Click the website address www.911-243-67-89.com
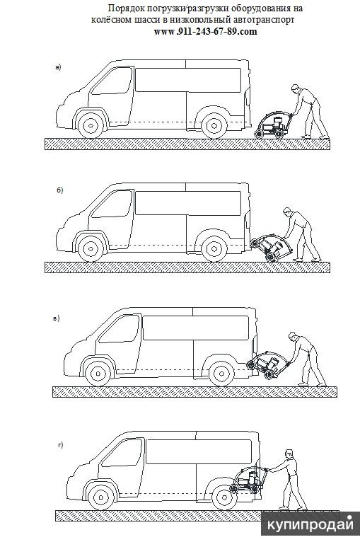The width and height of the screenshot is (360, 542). pyautogui.click(x=205, y=31)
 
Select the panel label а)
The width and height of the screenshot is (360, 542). pyautogui.click(x=58, y=67)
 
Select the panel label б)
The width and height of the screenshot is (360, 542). pyautogui.click(x=60, y=190)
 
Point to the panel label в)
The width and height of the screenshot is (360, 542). pyautogui.click(x=57, y=318)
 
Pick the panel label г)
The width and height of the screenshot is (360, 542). pyautogui.click(x=61, y=445)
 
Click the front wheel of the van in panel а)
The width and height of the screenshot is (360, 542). pyautogui.click(x=91, y=125)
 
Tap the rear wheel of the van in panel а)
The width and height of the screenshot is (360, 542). pyautogui.click(x=214, y=125)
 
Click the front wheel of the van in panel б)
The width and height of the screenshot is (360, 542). pyautogui.click(x=91, y=249)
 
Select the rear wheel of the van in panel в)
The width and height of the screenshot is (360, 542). pyautogui.click(x=222, y=374)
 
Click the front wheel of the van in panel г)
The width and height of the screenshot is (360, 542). pyautogui.click(x=101, y=497)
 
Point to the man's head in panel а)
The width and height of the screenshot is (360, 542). pyautogui.click(x=295, y=88)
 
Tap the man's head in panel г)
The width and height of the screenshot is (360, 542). pyautogui.click(x=289, y=454)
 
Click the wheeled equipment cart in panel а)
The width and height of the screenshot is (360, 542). pyautogui.click(x=274, y=125)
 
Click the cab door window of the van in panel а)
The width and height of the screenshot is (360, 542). pyautogui.click(x=112, y=81)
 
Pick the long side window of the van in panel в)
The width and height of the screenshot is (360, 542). pyautogui.click(x=196, y=328)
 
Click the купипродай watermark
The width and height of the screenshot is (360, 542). pyautogui.click(x=310, y=525)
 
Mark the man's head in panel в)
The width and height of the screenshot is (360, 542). pyautogui.click(x=293, y=336)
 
